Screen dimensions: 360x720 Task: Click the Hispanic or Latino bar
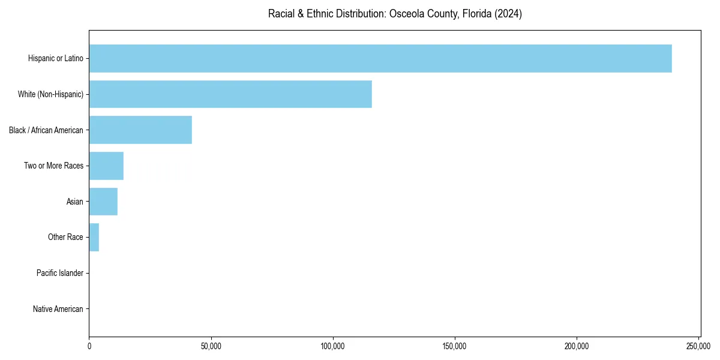380,58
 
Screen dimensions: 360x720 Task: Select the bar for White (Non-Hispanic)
230,94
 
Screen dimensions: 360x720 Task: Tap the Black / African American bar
140,130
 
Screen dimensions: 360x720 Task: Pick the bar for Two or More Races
106,166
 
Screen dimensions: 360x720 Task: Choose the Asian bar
103,202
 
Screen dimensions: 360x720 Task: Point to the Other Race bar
94,237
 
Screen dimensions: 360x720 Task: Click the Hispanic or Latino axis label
55,58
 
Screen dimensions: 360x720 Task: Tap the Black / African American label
46,130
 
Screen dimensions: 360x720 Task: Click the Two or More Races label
53,166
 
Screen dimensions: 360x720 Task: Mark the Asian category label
74,202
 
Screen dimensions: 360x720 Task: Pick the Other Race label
65,237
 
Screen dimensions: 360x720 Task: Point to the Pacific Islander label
59,273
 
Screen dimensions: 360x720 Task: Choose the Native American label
58,309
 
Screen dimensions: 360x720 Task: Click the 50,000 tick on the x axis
211,346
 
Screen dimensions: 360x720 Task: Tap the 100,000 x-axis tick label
333,346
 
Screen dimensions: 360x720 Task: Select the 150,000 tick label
455,346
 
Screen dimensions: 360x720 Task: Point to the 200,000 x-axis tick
577,346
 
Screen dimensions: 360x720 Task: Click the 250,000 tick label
698,346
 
